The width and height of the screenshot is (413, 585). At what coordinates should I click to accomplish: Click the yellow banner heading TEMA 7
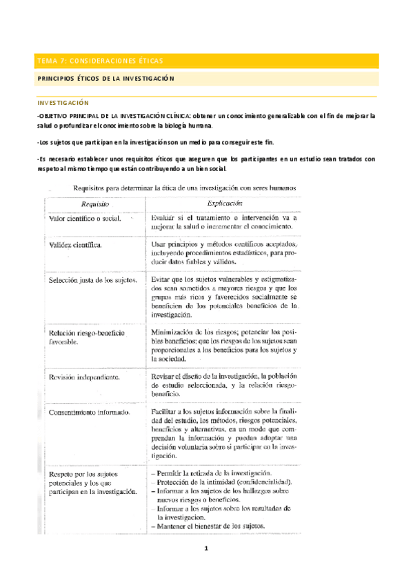point(95,61)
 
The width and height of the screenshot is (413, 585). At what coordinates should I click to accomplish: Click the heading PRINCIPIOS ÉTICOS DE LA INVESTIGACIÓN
point(105,79)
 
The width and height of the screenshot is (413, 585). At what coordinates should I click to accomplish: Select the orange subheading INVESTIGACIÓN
point(63,101)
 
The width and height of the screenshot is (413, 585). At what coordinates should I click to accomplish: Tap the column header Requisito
point(96,204)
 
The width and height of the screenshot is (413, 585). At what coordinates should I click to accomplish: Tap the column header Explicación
point(225,204)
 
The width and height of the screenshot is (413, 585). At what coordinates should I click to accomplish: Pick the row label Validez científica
point(76,245)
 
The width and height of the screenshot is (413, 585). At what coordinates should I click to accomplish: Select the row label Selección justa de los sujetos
point(92,281)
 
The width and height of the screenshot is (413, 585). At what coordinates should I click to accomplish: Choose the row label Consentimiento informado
point(89,413)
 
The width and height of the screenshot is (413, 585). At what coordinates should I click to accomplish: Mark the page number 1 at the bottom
point(205,549)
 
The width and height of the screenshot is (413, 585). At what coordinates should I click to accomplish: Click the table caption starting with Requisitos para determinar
point(186,188)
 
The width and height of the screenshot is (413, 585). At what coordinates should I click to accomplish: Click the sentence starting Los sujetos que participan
point(156,142)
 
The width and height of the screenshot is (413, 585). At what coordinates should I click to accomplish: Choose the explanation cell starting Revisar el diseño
point(223,381)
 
